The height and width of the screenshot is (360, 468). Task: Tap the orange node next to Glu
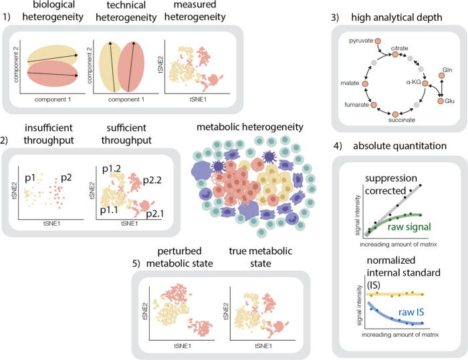439,101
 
